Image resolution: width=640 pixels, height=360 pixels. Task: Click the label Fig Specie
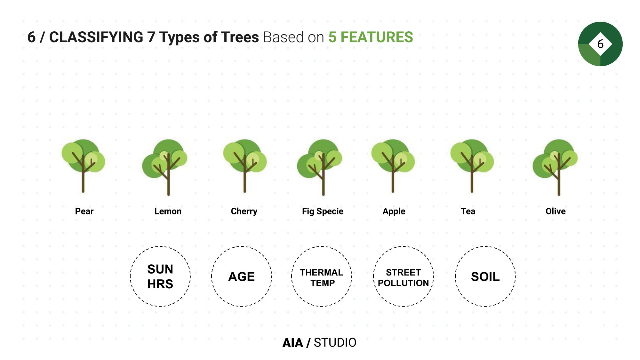323,212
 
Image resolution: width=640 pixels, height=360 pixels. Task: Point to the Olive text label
556,211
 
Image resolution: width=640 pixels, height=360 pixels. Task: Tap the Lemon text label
168,211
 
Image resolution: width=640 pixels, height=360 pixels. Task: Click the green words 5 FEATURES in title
371,37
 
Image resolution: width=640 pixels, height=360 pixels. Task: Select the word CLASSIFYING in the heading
96,37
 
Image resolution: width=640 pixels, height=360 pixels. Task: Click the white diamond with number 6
600,44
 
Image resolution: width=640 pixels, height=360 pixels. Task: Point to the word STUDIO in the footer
335,342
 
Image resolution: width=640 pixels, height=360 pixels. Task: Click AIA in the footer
293,342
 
